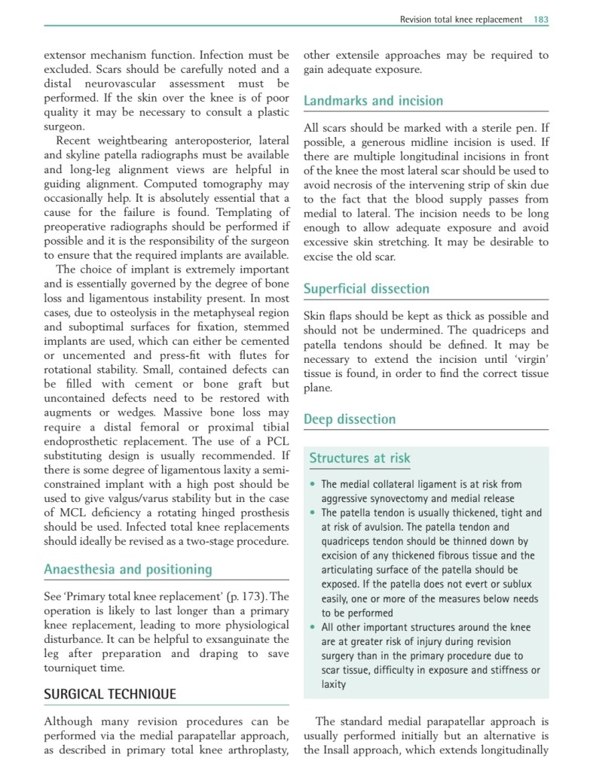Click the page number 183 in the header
point(541,19)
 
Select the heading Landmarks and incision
point(373,101)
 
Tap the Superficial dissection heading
point(366,288)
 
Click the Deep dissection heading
point(350,419)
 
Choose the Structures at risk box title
point(360,458)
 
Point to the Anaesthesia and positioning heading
point(128,569)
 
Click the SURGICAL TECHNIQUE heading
point(110,694)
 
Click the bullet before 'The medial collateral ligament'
point(313,485)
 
